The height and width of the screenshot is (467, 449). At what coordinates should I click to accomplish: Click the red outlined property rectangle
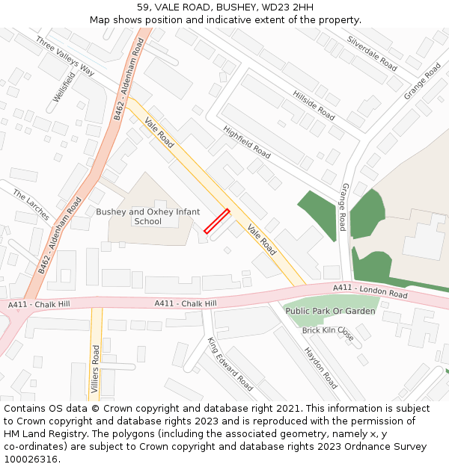coord(216,222)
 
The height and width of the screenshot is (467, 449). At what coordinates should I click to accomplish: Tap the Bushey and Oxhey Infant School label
coord(147,217)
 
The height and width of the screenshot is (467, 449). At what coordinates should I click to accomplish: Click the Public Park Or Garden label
coord(330,311)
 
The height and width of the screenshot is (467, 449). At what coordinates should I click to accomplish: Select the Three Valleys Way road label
coord(65,56)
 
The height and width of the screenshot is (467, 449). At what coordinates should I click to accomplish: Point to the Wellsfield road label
coord(64,87)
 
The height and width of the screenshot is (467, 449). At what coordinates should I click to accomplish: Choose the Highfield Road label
coord(247,141)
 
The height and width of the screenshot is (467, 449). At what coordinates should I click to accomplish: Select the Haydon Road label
coord(320,368)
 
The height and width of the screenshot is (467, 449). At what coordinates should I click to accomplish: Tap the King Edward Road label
coord(230,364)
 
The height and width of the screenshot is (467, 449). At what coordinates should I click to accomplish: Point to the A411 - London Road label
coord(370,291)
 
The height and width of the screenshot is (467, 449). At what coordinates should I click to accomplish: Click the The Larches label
coord(31,205)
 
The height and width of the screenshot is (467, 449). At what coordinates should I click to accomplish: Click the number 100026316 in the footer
coord(31,460)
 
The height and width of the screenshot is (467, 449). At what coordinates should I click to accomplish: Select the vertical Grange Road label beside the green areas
coord(343,206)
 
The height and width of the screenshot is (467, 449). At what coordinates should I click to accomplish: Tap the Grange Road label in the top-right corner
coord(422,81)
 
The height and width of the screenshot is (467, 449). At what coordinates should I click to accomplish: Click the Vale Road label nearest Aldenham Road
coord(159,133)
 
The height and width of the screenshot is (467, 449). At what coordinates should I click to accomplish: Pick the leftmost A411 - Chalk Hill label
coord(39,304)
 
